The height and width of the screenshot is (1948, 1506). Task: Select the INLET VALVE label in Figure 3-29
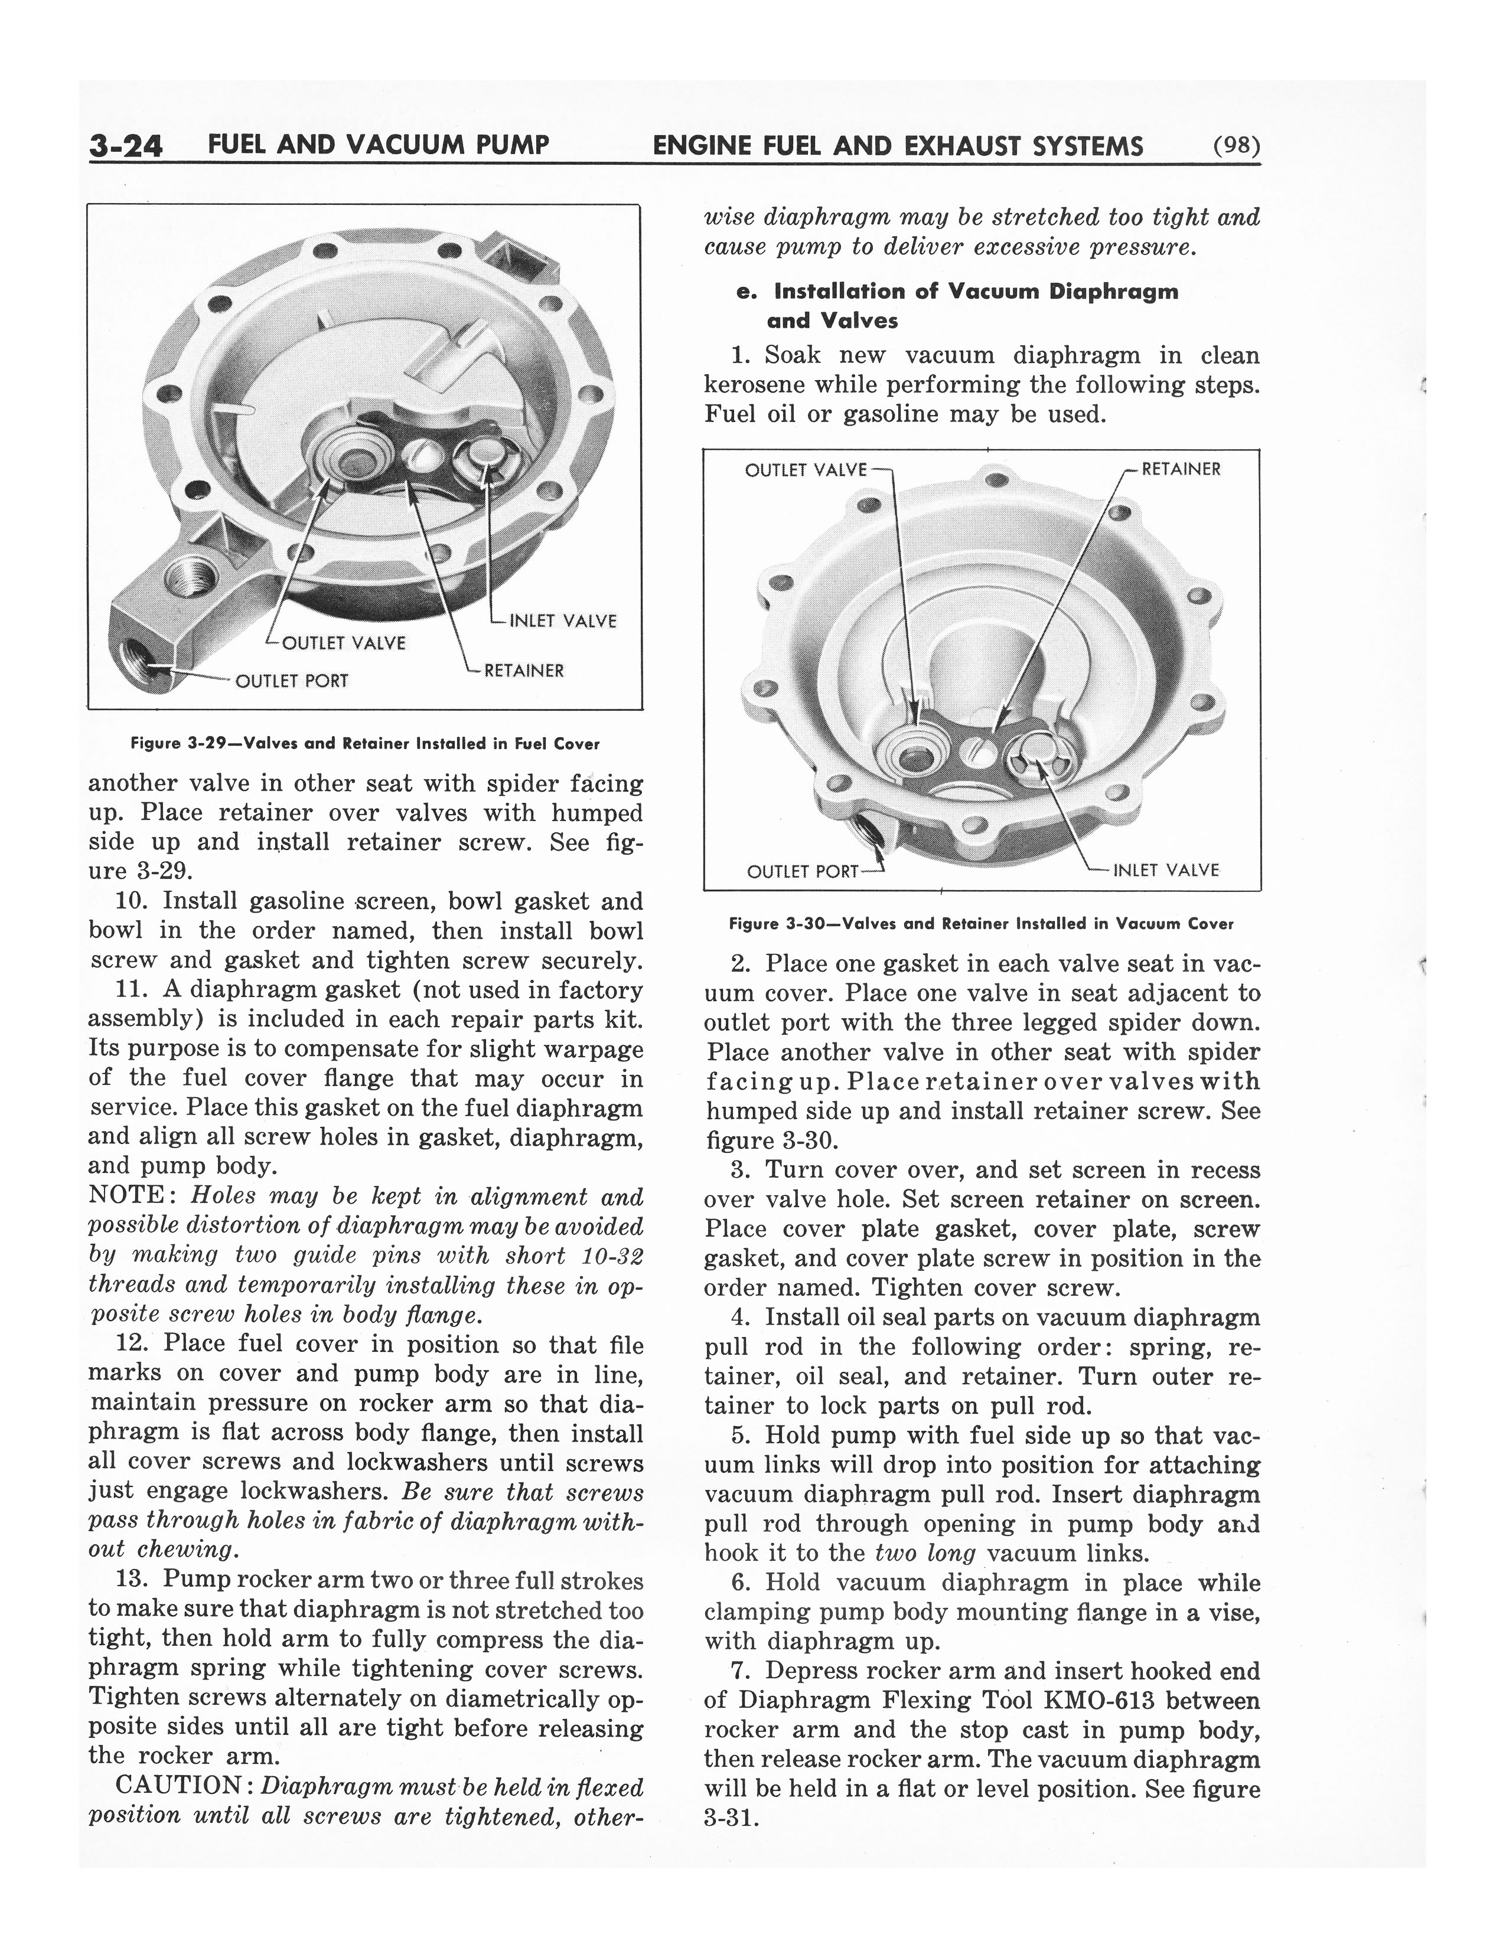point(562,621)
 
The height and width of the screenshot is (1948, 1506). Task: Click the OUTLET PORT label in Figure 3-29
point(292,681)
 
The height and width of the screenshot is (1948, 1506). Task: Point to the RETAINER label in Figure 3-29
point(524,671)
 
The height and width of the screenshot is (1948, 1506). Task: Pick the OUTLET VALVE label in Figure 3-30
point(805,470)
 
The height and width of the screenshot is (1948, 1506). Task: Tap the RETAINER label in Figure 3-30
point(1181,469)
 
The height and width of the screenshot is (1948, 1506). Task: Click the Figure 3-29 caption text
point(365,743)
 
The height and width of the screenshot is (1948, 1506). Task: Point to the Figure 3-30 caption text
point(980,924)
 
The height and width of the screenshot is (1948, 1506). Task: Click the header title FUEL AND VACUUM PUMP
point(377,145)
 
